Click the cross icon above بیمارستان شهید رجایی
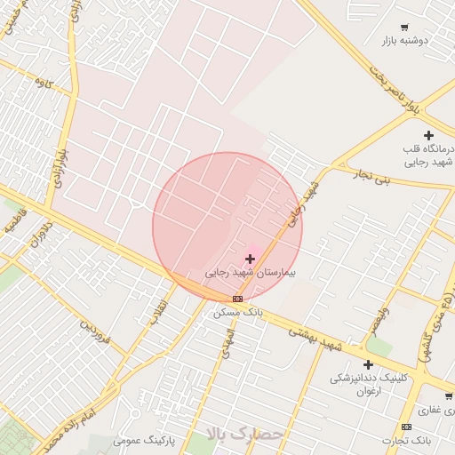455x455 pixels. (x=250, y=259)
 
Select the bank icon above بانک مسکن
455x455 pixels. (x=237, y=299)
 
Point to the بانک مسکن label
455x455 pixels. (x=237, y=313)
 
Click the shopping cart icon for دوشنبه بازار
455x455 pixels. (x=404, y=28)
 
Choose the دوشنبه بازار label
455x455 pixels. (x=404, y=41)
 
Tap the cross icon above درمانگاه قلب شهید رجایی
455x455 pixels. (x=428, y=135)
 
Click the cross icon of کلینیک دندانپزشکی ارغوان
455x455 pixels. (x=368, y=364)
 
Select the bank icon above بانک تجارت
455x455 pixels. (x=406, y=427)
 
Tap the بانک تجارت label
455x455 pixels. (x=406, y=441)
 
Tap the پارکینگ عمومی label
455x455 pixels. (x=145, y=440)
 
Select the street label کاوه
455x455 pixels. (x=44, y=83)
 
